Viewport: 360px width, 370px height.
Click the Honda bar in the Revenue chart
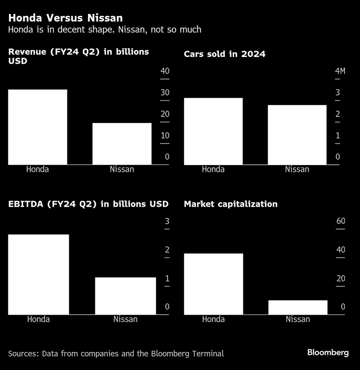coord(37,127)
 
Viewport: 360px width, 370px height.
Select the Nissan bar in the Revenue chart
coord(122,144)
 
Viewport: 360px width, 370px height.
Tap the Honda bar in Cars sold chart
coord(213,131)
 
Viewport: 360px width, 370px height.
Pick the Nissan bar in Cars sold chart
coord(297,135)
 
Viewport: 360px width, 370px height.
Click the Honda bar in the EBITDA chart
coord(39,274)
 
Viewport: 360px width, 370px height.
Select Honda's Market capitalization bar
coord(213,284)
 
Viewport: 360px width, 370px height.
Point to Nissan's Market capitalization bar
coord(298,307)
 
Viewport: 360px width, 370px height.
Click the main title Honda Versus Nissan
coord(66,18)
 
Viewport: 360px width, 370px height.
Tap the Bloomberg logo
coord(328,353)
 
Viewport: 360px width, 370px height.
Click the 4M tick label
coord(340,71)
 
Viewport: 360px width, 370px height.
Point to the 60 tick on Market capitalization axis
coord(341,221)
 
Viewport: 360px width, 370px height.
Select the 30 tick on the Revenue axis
coord(165,93)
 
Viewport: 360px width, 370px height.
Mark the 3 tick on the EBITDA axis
coord(167,221)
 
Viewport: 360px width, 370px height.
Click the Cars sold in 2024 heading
coord(225,54)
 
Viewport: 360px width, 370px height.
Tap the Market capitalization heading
coord(230,204)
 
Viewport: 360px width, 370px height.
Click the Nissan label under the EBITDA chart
coord(125,319)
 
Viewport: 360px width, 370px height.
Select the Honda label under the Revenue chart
coord(37,169)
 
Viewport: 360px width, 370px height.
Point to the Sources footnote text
coord(116,353)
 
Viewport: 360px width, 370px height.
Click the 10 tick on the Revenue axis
coord(165,136)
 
